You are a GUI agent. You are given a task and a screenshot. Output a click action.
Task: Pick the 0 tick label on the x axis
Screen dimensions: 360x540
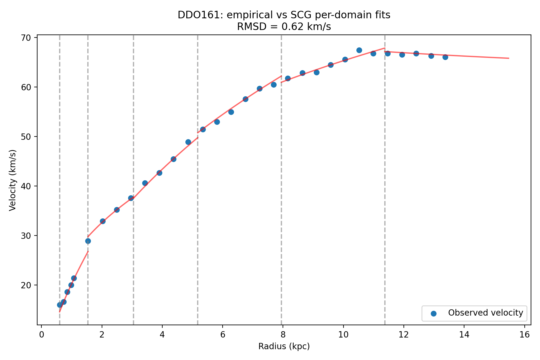pos(41,335)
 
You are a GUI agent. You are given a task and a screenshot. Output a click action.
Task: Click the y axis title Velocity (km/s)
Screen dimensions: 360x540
pos(12,180)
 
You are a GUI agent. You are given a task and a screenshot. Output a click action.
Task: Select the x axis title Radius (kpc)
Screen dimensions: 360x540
pos(284,347)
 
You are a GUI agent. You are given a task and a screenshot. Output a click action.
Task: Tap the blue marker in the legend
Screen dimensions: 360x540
pos(433,313)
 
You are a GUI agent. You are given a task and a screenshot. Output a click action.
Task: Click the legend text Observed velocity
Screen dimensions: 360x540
pos(485,313)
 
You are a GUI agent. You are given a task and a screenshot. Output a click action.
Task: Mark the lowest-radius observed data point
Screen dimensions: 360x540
pos(60,305)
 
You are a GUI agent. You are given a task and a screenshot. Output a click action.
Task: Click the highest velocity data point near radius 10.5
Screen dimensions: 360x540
pos(359,50)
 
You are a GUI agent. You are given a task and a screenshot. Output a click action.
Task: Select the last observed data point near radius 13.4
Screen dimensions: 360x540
pos(445,57)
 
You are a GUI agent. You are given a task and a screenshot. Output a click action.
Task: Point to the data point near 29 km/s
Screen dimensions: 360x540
pos(88,241)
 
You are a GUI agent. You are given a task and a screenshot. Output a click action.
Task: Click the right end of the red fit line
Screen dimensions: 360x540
pos(509,58)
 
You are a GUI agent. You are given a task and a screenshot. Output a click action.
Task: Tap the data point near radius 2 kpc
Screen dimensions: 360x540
pos(103,221)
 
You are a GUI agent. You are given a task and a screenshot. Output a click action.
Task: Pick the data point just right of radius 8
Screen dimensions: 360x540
pos(288,78)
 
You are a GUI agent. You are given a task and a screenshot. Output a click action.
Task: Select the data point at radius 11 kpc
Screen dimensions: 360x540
pos(373,53)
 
